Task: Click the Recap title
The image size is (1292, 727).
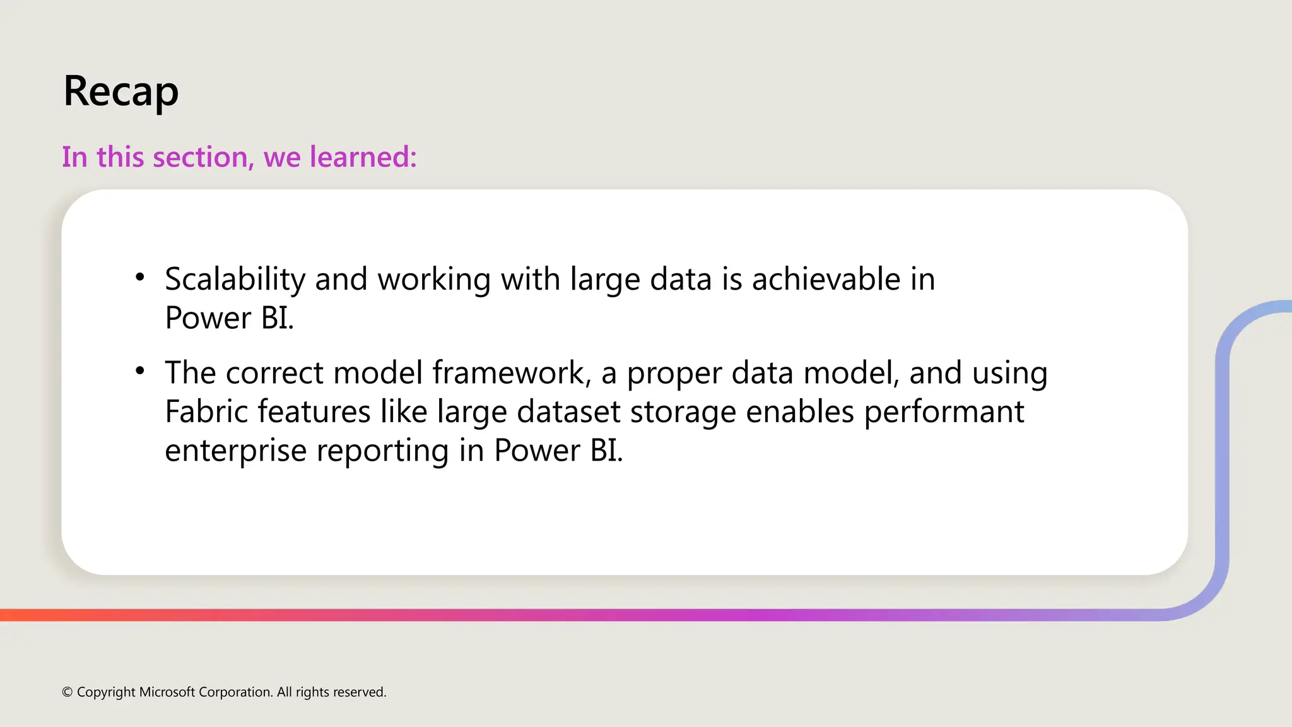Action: point(120,92)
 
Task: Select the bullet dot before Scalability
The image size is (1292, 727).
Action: point(140,276)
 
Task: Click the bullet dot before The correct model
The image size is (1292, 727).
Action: point(140,370)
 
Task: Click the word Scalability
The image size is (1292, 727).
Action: point(235,280)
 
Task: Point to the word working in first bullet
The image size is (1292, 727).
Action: point(434,280)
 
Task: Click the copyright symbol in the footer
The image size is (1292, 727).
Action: point(68,692)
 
